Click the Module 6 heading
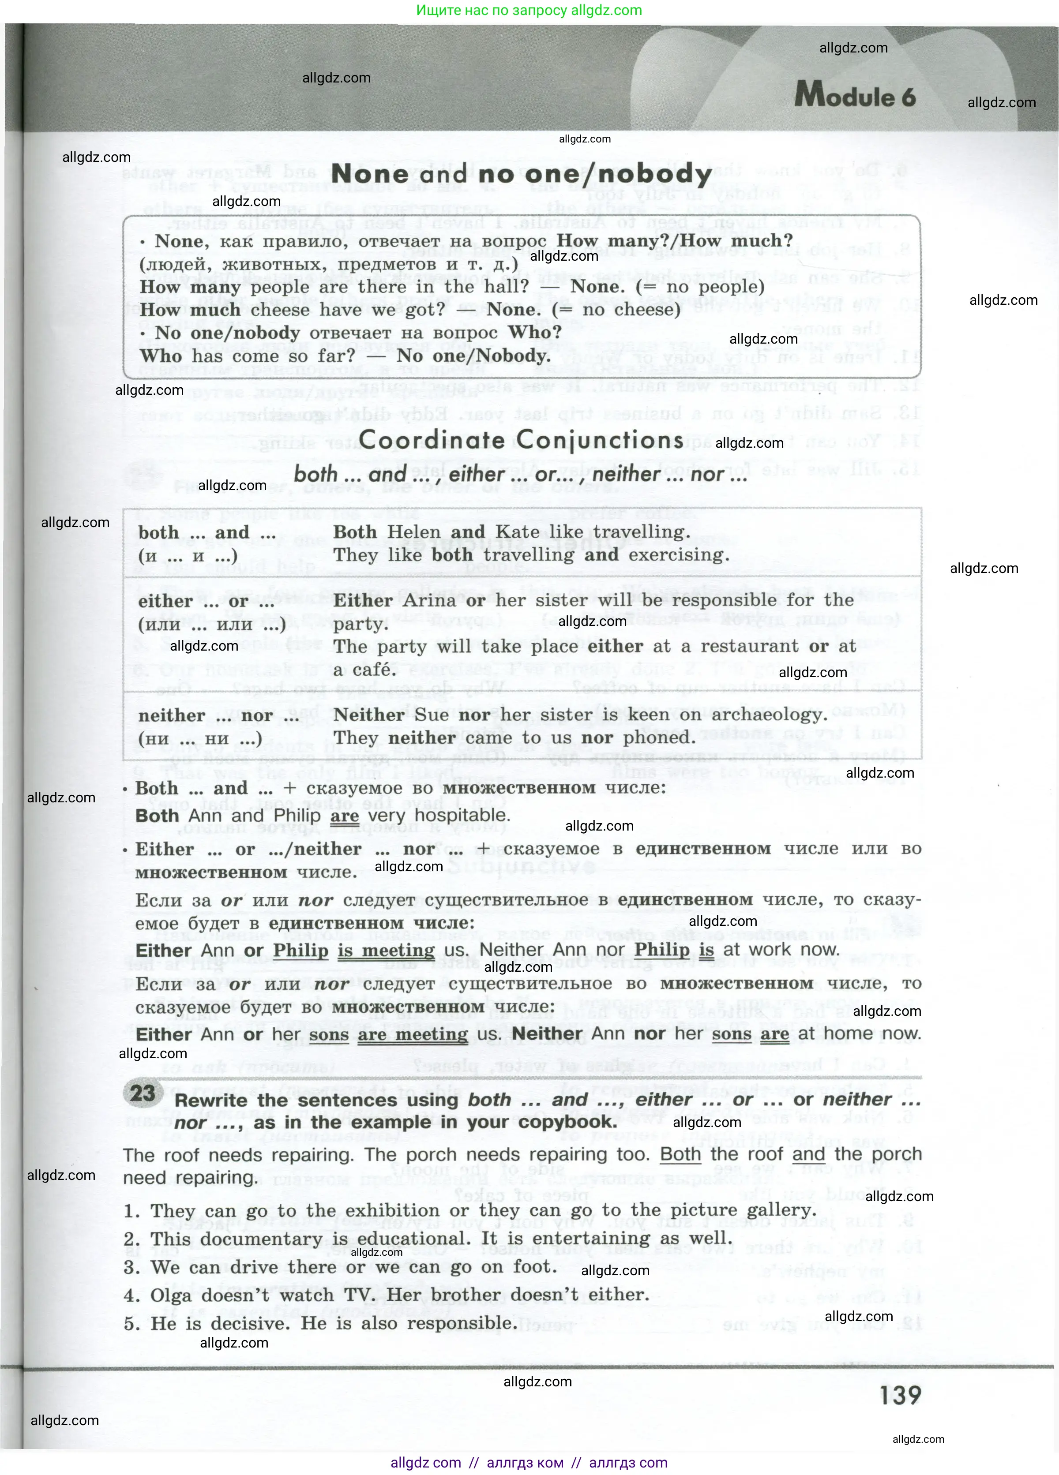click(855, 96)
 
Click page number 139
click(900, 1396)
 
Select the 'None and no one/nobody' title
click(521, 174)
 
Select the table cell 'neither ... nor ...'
click(218, 715)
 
